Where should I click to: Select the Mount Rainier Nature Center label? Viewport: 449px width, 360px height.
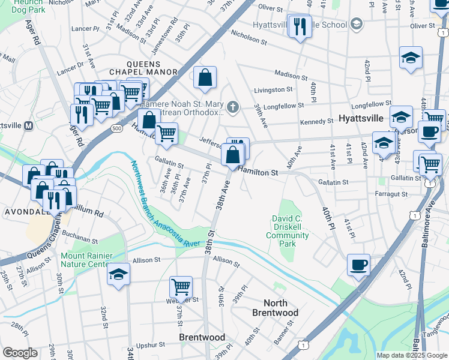[85, 260]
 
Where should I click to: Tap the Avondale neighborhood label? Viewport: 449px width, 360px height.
[22, 212]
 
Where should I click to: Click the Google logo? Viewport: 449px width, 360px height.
[20, 353]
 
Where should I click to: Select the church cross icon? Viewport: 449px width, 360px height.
[232, 108]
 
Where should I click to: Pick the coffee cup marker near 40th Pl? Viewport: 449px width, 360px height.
[358, 265]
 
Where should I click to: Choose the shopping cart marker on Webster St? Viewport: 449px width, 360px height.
[181, 287]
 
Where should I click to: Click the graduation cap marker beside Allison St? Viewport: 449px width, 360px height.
[119, 274]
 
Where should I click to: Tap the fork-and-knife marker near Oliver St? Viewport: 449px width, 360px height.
[298, 26]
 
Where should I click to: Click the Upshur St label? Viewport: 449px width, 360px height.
[150, 345]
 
